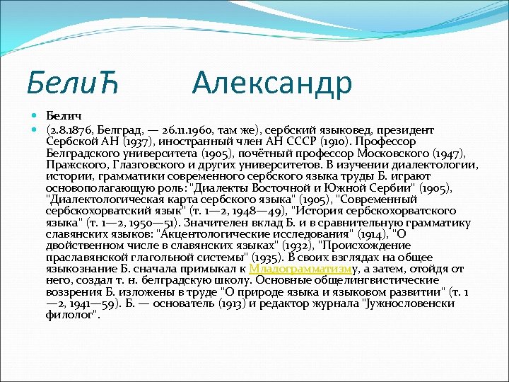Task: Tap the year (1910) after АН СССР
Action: tap(329, 141)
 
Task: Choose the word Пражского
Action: tap(70, 165)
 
